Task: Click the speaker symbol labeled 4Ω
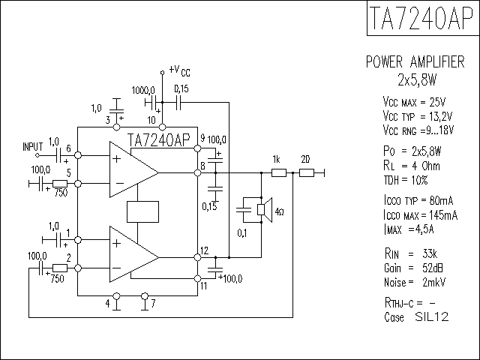coord(265,210)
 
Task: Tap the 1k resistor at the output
coord(279,173)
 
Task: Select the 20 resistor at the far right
coord(307,173)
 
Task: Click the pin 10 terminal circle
coord(163,127)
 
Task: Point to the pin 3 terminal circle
coord(117,127)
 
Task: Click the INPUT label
coord(33,146)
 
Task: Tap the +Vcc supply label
coord(180,70)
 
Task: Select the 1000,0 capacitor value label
coord(143,91)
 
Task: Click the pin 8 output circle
coord(198,173)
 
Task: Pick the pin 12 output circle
coord(198,257)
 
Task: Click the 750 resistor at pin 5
coord(60,184)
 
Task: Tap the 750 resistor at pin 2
coord(60,268)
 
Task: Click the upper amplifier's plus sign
coord(117,158)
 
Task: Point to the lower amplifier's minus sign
coord(117,268)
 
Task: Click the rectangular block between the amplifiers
coord(142,211)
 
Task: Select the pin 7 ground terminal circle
coord(145,296)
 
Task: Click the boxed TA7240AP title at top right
coord(423,18)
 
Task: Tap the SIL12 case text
coord(432,316)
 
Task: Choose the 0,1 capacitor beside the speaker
coord(244,210)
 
